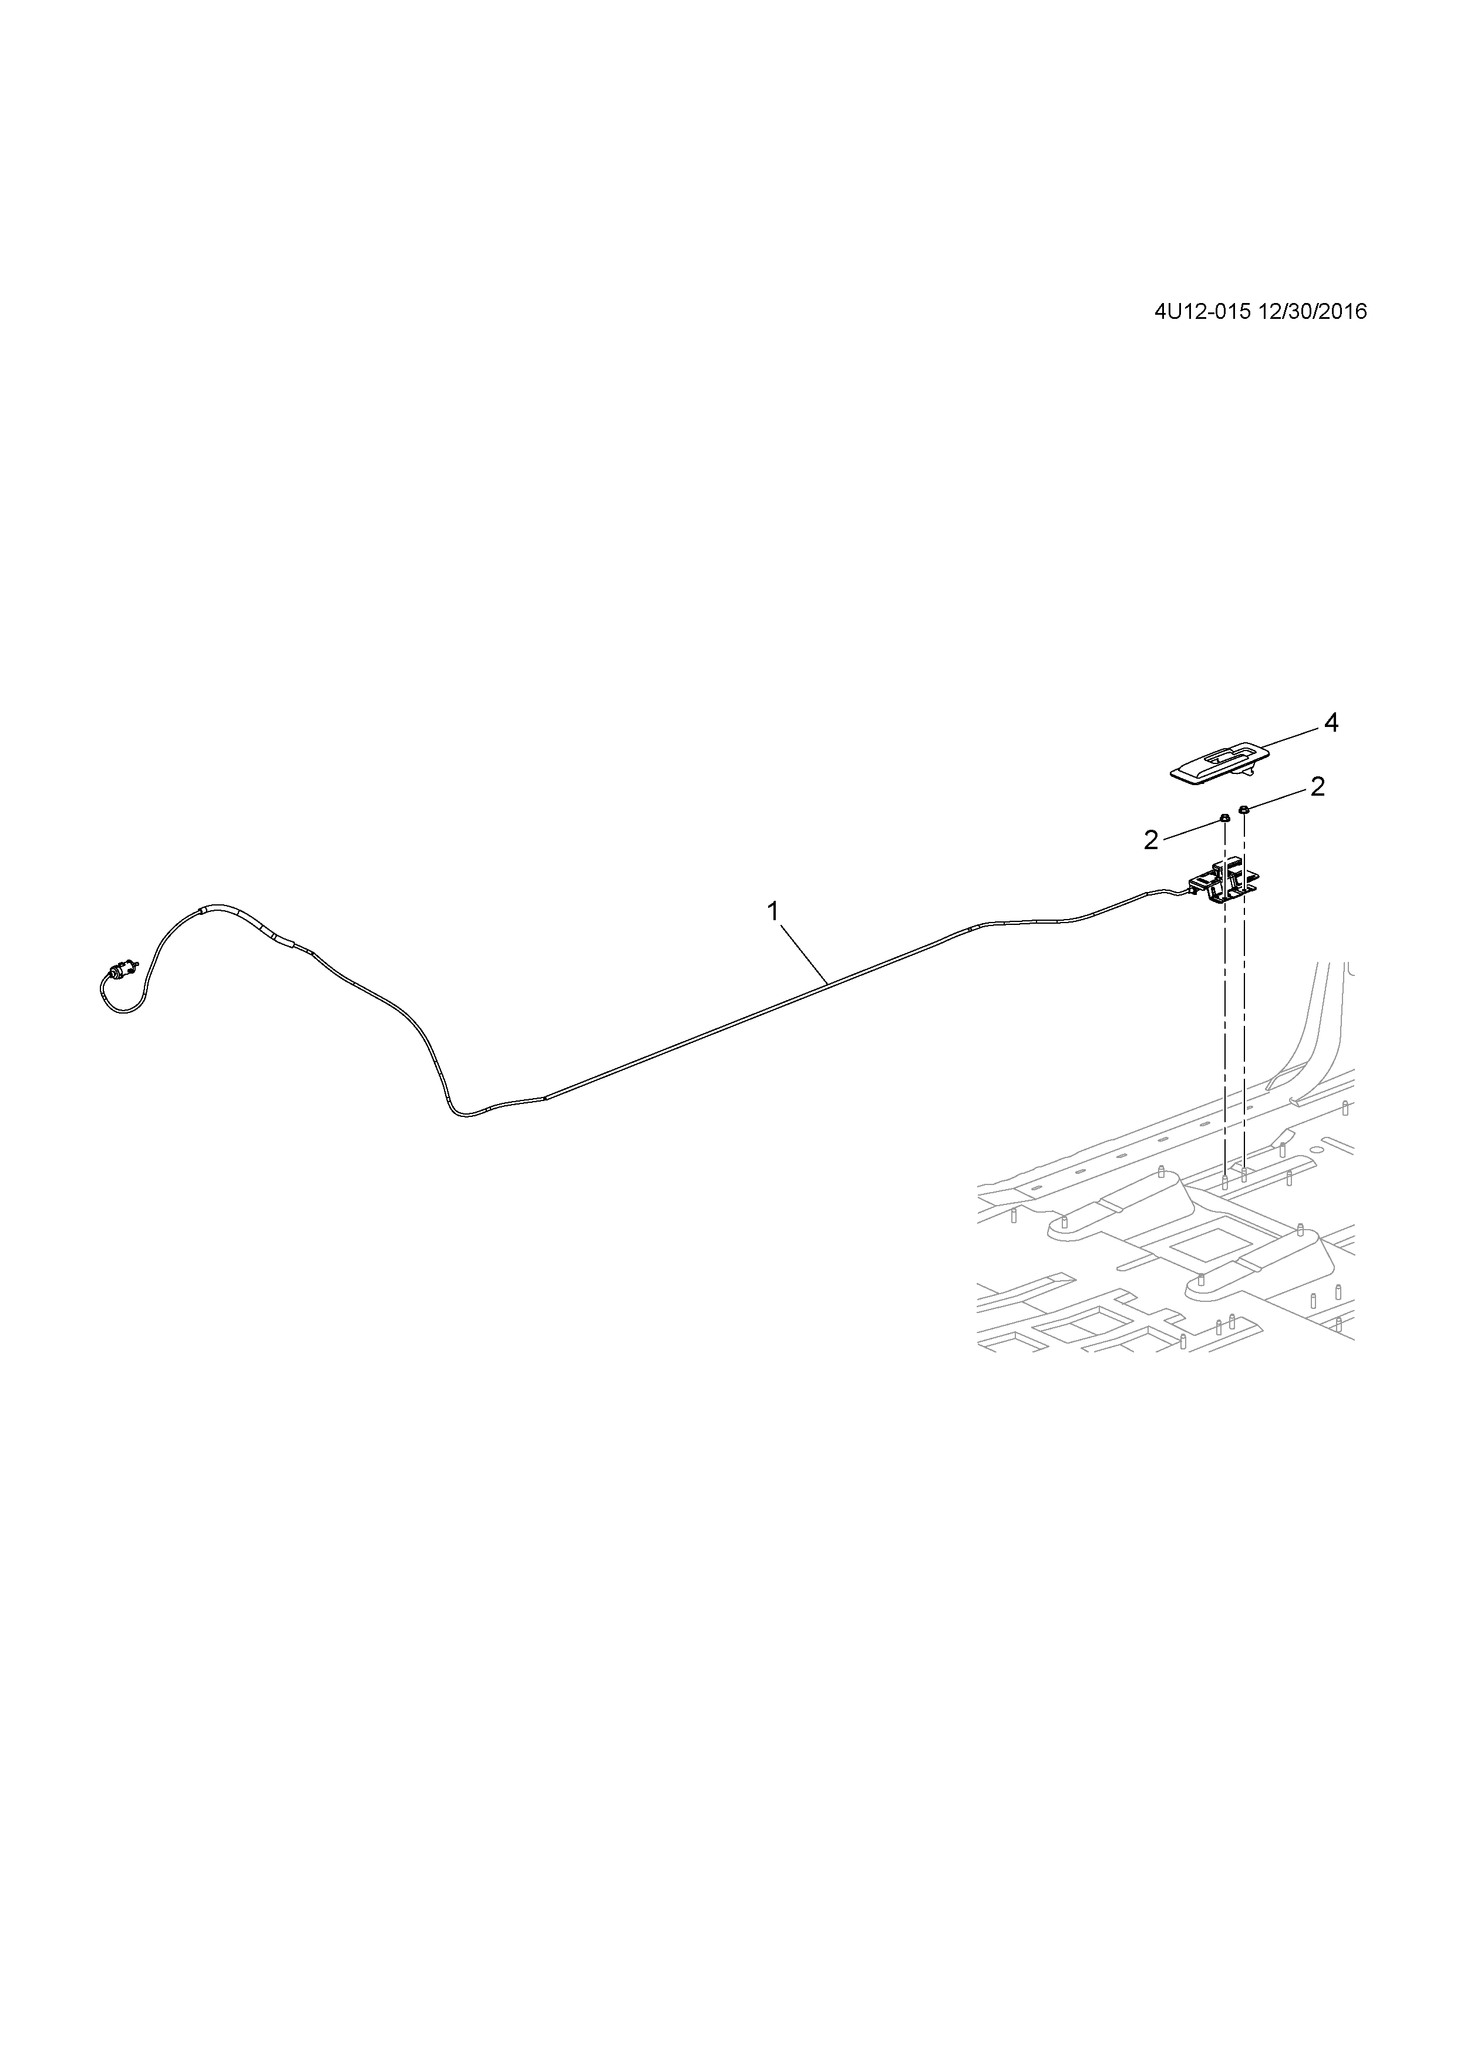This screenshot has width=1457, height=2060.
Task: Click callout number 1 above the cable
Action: pyautogui.click(x=772, y=911)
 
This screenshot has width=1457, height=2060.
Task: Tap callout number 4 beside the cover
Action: pyautogui.click(x=1331, y=722)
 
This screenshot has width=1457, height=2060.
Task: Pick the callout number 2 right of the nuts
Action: pyautogui.click(x=1317, y=787)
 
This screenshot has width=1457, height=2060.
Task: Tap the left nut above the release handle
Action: pyautogui.click(x=1224, y=817)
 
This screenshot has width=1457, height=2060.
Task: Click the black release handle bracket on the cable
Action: pyautogui.click(x=1223, y=884)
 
